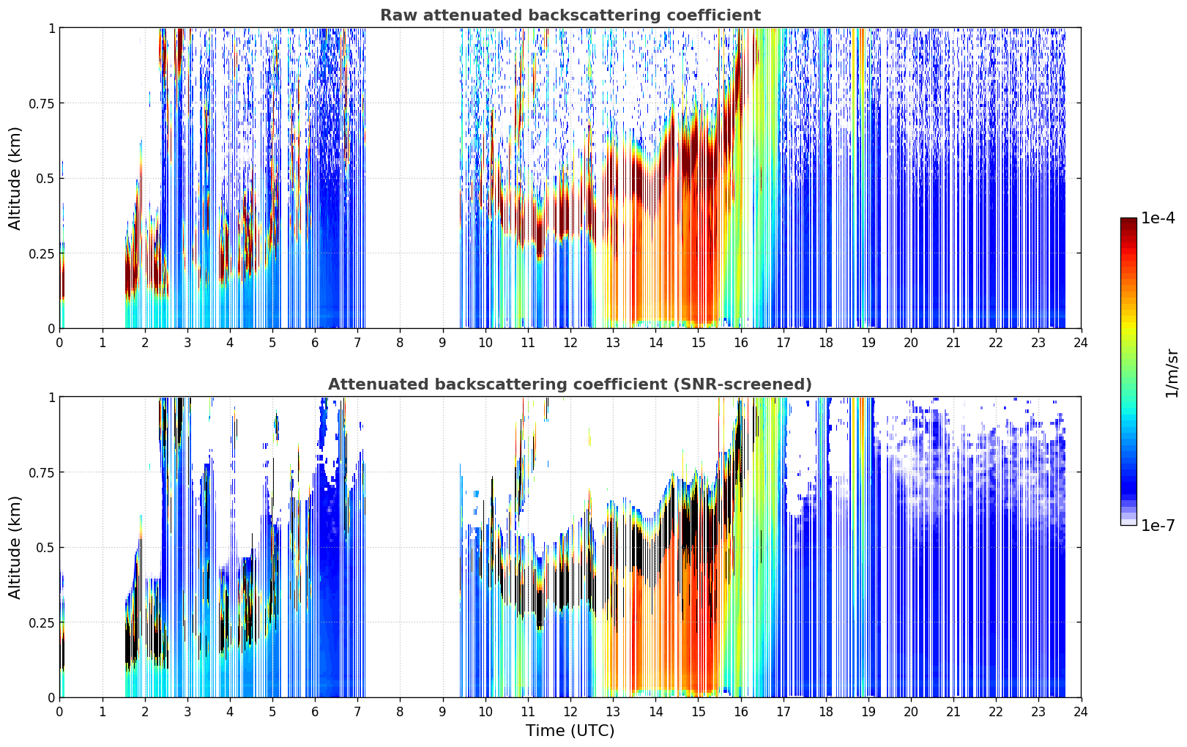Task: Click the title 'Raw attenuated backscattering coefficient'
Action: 570,15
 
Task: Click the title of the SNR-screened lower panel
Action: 570,384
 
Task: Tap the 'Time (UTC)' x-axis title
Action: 570,731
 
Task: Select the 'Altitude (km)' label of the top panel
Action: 15,178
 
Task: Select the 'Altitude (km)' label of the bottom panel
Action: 15,547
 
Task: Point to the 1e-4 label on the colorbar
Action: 1158,218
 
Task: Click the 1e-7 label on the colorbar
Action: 1158,525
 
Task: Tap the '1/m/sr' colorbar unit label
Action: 1171,373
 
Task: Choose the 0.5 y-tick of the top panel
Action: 45,179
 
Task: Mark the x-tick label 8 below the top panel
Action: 400,343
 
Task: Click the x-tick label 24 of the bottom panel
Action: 1081,712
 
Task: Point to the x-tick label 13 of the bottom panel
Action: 613,712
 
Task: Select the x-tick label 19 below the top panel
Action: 868,343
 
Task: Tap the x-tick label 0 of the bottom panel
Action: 59,712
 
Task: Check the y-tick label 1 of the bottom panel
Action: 51,398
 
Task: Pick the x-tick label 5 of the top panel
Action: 272,343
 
